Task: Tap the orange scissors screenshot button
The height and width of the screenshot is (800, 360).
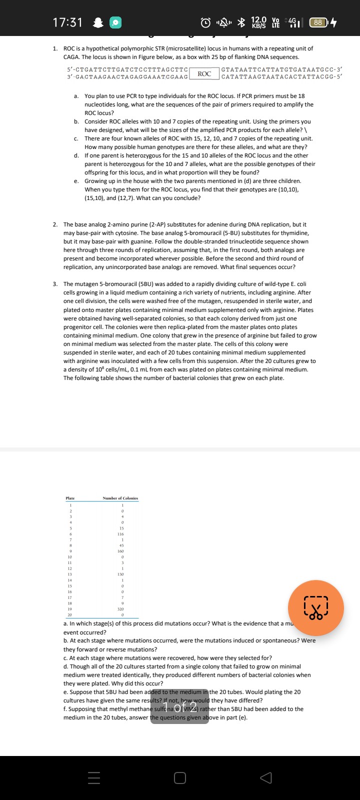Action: pos(315,607)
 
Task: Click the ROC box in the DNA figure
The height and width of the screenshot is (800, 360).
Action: pos(204,73)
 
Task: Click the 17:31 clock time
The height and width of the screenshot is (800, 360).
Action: pos(67,22)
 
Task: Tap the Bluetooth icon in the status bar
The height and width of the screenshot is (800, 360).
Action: pos(241,22)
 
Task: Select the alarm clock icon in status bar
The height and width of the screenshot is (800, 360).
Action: pos(205,22)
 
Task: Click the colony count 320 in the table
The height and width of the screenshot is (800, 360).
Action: pos(120,609)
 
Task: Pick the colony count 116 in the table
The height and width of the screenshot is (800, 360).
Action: pos(120,534)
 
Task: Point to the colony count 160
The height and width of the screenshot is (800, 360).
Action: pos(120,551)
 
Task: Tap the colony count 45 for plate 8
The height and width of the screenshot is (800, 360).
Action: pos(121,545)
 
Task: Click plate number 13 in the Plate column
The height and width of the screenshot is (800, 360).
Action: pos(70,574)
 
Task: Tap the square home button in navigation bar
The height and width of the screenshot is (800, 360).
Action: pos(180,778)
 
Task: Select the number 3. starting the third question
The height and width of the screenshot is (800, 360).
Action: pos(55,284)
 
